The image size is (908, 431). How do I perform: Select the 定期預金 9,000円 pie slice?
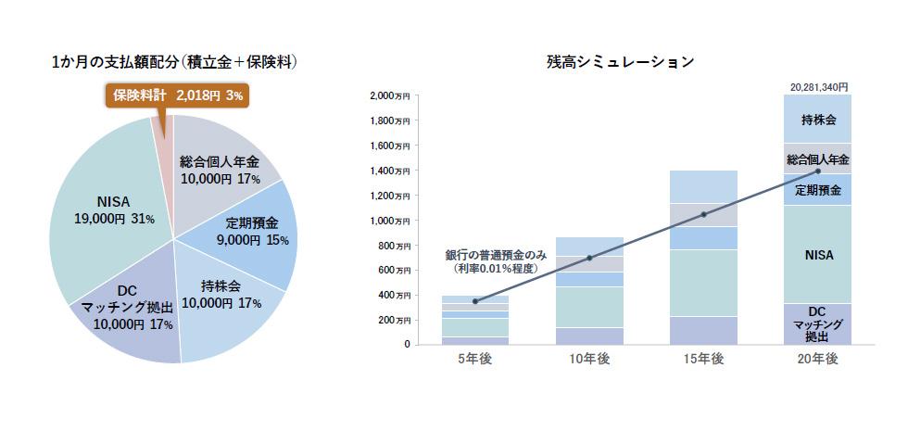(251, 231)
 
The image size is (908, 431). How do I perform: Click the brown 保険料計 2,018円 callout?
(175, 95)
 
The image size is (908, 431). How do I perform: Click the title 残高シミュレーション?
(620, 62)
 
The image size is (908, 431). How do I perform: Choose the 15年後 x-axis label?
(703, 360)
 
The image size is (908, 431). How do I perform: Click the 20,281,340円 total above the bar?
(818, 86)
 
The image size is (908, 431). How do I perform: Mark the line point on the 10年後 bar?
(589, 258)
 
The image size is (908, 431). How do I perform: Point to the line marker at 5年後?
(474, 301)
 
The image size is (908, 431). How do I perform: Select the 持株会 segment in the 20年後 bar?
(818, 120)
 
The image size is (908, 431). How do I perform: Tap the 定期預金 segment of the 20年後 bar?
(818, 190)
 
